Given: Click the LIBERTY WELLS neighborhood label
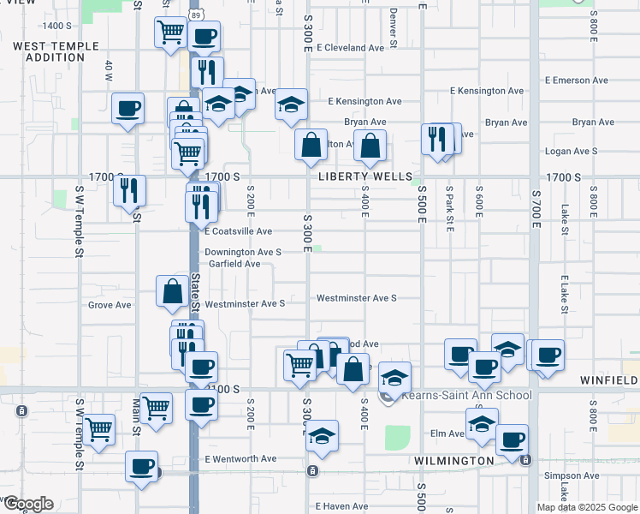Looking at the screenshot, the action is coord(359,176).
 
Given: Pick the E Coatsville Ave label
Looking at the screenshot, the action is coord(239,231).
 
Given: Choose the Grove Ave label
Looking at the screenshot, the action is coord(110,304).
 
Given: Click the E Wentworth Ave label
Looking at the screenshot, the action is coord(240,458).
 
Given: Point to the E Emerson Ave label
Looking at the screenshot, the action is coord(578,81).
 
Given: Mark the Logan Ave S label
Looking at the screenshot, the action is coord(572,151).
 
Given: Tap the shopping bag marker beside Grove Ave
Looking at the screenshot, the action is coord(172,291).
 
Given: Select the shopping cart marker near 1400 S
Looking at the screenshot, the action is coord(170,33).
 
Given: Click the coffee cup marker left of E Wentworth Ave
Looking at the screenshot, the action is coord(142,466).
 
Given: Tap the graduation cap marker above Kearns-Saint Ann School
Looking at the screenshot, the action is coord(394,377).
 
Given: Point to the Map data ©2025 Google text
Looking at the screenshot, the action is coord(587,507).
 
